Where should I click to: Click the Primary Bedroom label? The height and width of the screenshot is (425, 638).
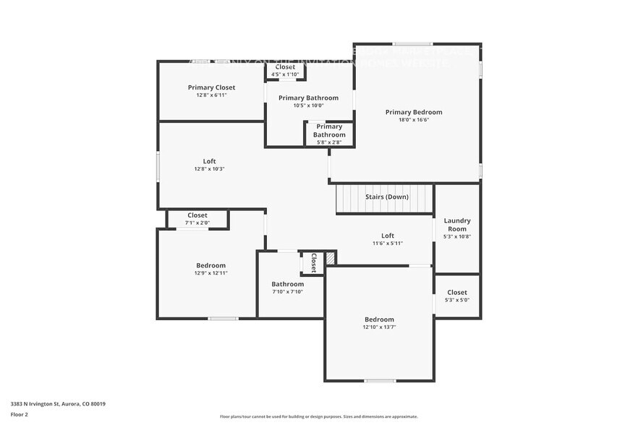point(413,112)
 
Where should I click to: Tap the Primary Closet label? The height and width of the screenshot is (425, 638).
point(211,87)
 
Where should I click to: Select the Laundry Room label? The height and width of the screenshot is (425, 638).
point(457,225)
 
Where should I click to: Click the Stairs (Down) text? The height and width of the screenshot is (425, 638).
point(386,197)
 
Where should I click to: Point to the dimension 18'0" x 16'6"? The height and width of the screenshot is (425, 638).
point(413,121)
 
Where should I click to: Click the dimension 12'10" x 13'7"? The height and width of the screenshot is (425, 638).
point(379,327)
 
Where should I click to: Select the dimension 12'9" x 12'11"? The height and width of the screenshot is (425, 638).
point(210,273)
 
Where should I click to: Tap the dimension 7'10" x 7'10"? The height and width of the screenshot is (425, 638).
point(287,292)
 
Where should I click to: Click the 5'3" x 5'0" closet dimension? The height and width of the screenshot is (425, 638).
point(457,300)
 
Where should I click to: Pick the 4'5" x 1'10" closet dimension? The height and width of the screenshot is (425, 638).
point(284,74)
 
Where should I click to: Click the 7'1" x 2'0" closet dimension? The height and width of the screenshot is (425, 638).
point(197,223)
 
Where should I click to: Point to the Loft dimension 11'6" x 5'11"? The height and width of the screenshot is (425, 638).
point(388,244)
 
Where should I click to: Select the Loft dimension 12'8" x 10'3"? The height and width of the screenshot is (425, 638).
point(209,169)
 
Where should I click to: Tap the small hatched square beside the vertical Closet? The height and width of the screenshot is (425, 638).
point(331,257)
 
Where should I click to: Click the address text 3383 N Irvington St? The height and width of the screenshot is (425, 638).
point(58,404)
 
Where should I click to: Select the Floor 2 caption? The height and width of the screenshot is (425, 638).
point(20,414)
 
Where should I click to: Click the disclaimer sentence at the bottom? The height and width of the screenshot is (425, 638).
point(318,416)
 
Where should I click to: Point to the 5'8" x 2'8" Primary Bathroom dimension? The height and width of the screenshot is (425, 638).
point(328,142)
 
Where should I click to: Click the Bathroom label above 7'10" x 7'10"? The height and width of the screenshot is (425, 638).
point(287,284)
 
